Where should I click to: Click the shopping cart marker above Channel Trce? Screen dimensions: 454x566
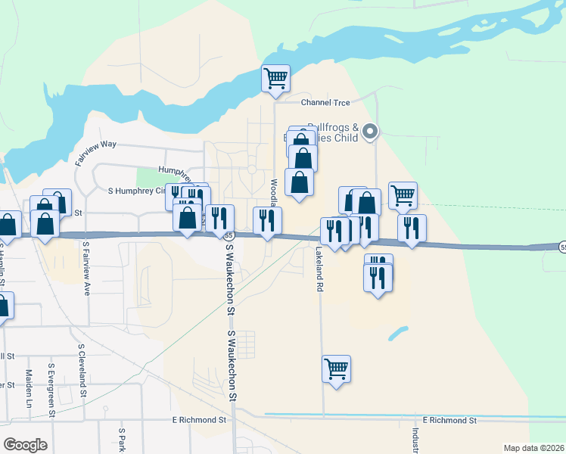tap(275, 78)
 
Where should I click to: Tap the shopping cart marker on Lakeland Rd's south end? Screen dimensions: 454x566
tap(336, 369)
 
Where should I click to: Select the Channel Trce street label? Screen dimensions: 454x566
tap(327, 102)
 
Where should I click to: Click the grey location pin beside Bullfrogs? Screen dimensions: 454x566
tap(370, 132)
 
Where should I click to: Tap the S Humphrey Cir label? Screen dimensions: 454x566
tap(136, 191)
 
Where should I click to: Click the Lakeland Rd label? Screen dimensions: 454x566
tap(319, 269)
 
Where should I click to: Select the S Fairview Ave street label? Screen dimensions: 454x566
tap(86, 269)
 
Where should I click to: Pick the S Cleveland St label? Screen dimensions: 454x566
tap(81, 371)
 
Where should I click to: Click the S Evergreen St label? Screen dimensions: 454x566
tap(51, 390)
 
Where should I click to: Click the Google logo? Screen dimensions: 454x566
tap(25, 444)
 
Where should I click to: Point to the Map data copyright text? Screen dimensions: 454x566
tap(533, 448)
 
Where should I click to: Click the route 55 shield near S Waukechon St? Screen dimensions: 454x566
tap(228, 237)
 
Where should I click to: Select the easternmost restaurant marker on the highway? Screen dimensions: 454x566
tap(412, 228)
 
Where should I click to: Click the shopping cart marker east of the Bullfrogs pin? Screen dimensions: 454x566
tap(403, 195)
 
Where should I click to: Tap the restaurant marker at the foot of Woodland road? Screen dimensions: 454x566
tap(266, 220)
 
